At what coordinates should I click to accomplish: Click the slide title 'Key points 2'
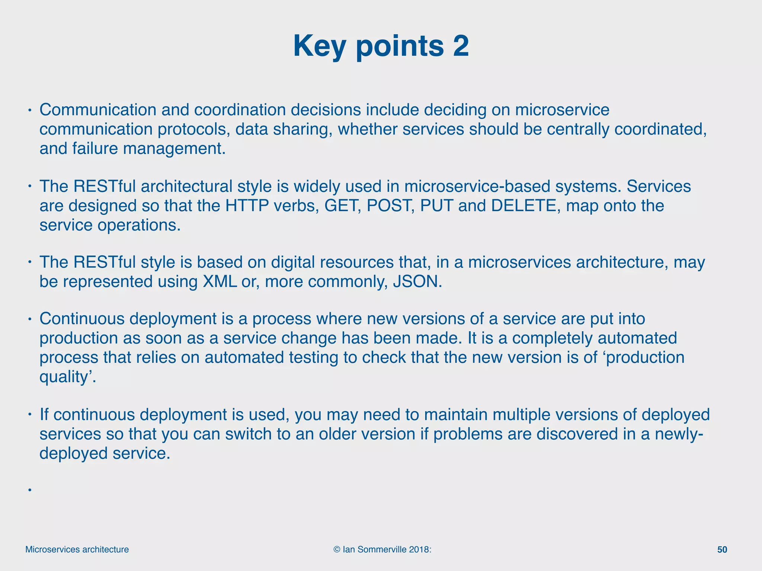click(381, 46)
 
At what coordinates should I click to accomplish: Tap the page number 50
click(722, 549)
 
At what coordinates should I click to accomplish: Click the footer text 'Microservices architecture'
click(77, 549)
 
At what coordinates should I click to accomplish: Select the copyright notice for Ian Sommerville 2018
click(382, 549)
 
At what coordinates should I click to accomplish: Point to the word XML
click(220, 281)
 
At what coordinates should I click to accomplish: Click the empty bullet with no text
click(29, 490)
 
